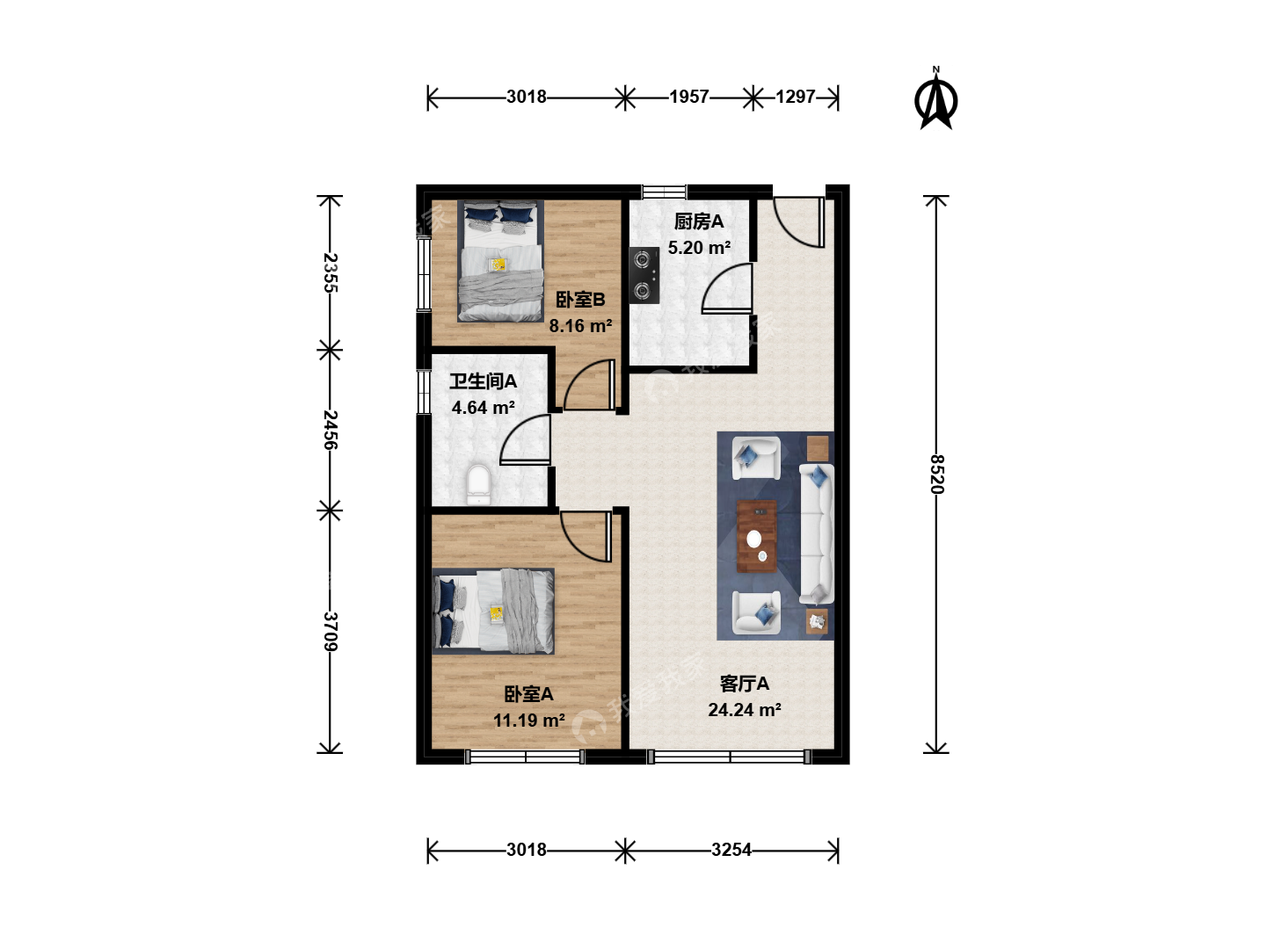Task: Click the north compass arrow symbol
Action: click(x=935, y=99)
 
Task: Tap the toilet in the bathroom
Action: click(x=478, y=484)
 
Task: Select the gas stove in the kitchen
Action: click(x=644, y=275)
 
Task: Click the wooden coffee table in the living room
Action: click(x=757, y=536)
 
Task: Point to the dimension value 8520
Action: click(x=937, y=474)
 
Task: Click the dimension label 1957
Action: click(x=688, y=97)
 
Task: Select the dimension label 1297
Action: click(x=795, y=97)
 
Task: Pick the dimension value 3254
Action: click(x=731, y=850)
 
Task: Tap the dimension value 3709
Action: click(x=330, y=631)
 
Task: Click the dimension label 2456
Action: click(x=330, y=430)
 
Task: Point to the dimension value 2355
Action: click(x=330, y=272)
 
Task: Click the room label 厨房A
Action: click(x=698, y=221)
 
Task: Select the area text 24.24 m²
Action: click(x=745, y=710)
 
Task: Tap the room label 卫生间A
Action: click(x=483, y=381)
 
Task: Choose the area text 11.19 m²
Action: click(x=529, y=721)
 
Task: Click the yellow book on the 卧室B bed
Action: click(x=498, y=264)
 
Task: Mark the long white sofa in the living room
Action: click(x=816, y=534)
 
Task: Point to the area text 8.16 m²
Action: click(x=580, y=326)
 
